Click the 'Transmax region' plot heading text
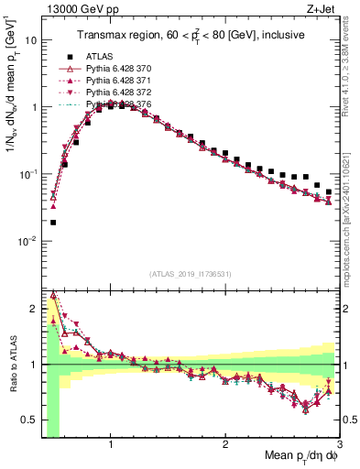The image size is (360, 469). pyautogui.click(x=191, y=35)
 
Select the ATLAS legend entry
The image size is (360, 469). pyautogui.click(x=104, y=55)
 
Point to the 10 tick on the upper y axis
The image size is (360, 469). pyautogui.click(x=30, y=40)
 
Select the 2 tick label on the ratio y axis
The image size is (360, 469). pyautogui.click(x=31, y=307)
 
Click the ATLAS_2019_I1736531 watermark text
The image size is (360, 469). pyautogui.click(x=191, y=275)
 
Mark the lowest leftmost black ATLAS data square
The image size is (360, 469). pyautogui.click(x=53, y=222)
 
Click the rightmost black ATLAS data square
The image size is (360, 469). pyautogui.click(x=329, y=192)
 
